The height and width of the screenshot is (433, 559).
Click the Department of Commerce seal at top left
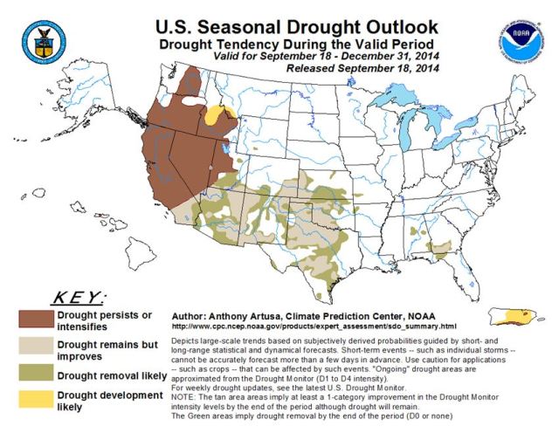click(41, 38)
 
